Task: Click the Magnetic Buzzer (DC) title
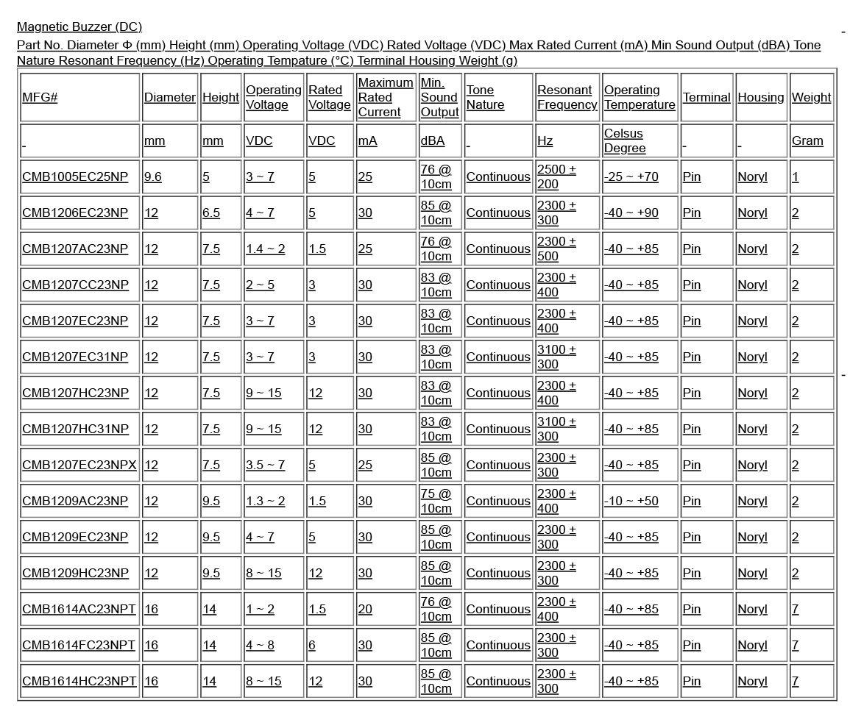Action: (79, 27)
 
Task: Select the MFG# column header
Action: (40, 97)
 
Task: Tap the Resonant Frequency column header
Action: (567, 97)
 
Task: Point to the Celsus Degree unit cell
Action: (625, 140)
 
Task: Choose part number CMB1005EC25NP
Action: (74, 176)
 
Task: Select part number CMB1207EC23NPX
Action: (79, 465)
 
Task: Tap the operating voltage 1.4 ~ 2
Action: (265, 249)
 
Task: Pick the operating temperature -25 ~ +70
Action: (631, 176)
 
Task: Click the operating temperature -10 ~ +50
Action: (631, 501)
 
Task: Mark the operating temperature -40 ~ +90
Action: (631, 213)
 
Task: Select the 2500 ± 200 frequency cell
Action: (556, 176)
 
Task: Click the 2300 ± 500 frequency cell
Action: (556, 249)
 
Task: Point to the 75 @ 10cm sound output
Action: (436, 501)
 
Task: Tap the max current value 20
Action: (365, 609)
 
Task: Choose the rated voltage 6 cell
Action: (312, 645)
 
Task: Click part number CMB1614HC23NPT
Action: (79, 681)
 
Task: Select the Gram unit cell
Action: (807, 140)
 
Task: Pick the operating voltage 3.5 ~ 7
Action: (265, 465)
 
